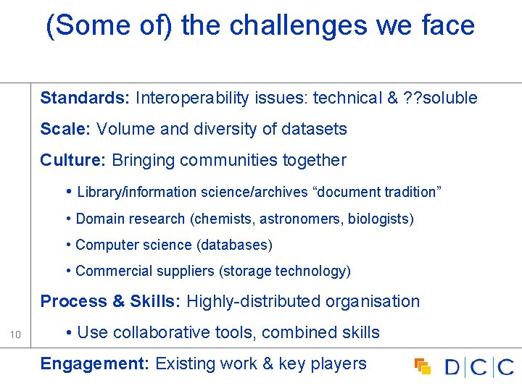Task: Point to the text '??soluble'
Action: (440, 98)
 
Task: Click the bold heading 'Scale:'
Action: (66, 129)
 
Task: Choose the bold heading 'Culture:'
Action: (73, 160)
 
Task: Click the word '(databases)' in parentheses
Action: (235, 245)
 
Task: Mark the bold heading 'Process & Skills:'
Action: (110, 301)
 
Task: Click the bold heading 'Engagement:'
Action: (95, 363)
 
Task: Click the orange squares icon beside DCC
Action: (423, 366)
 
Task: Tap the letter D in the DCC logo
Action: (452, 367)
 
